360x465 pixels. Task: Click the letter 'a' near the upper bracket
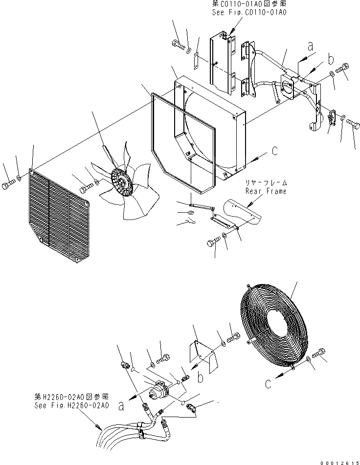click(x=309, y=46)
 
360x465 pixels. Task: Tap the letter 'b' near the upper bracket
click(x=331, y=60)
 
